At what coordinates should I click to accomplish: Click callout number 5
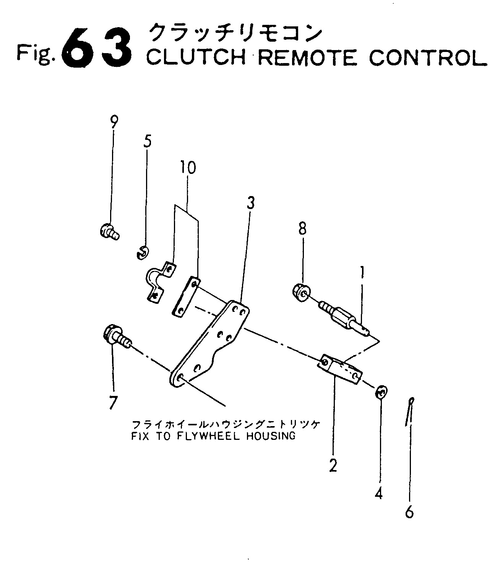coord(147,141)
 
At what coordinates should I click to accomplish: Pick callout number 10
coord(188,167)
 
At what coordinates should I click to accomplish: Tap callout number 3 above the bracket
coord(250,203)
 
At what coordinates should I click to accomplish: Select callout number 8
coord(302,229)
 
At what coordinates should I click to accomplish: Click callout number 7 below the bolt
coord(113,403)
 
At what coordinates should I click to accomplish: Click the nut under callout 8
coord(302,292)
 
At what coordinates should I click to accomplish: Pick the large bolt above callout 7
coord(117,338)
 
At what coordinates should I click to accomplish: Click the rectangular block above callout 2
coord(340,369)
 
